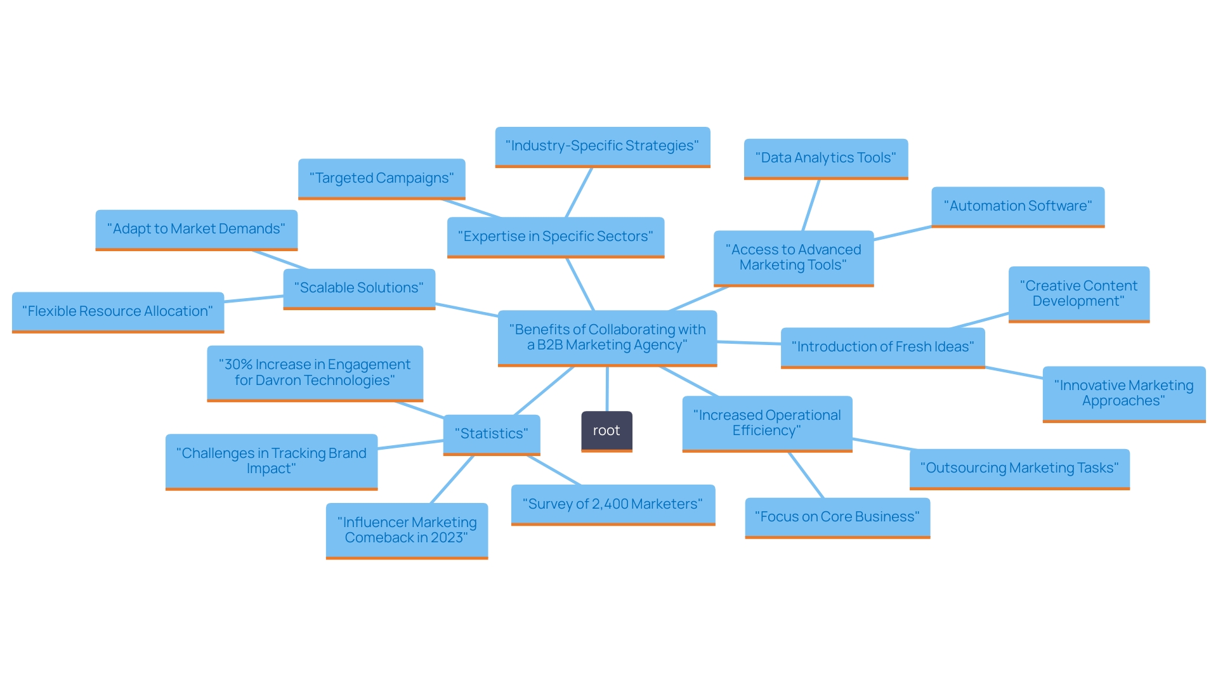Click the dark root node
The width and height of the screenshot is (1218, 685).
click(606, 431)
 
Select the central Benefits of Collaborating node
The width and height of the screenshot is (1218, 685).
click(607, 337)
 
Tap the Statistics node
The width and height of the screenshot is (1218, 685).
click(491, 434)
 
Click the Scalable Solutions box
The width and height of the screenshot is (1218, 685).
click(359, 288)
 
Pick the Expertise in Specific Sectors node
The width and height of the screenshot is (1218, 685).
click(555, 237)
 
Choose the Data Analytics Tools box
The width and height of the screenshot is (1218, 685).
click(825, 158)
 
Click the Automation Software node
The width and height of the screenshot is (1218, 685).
click(1018, 206)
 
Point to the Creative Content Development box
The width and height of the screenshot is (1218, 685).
click(1078, 294)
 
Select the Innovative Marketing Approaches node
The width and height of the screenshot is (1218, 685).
click(1123, 393)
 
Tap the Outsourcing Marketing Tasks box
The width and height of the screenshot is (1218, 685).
click(1019, 468)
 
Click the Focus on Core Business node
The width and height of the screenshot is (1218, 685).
click(837, 517)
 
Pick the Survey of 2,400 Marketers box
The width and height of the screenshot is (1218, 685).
click(613, 504)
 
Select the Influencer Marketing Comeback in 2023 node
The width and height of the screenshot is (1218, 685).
click(407, 530)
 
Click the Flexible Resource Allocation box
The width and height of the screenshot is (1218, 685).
click(117, 311)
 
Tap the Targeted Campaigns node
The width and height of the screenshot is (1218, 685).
click(381, 178)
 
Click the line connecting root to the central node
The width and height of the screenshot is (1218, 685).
click(607, 389)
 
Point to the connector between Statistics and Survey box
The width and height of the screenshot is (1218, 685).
click(553, 471)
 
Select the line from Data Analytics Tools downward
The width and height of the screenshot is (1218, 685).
click(811, 205)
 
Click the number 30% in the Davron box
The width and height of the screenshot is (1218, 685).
click(239, 365)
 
